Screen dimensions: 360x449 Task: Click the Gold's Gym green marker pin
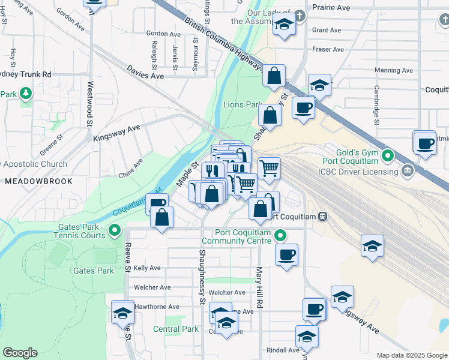388,158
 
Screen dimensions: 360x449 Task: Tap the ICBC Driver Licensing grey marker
408,171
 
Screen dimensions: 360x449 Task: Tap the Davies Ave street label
145,73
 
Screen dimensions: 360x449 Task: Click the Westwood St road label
91,100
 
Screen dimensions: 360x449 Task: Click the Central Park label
175,329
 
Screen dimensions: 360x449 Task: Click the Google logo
20,353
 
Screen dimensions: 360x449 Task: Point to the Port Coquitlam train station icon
322,216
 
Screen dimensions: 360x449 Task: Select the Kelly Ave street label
147,268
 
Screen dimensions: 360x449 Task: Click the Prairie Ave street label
330,8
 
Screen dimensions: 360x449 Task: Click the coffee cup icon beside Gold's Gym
426,144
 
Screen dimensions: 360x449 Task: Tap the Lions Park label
242,104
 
